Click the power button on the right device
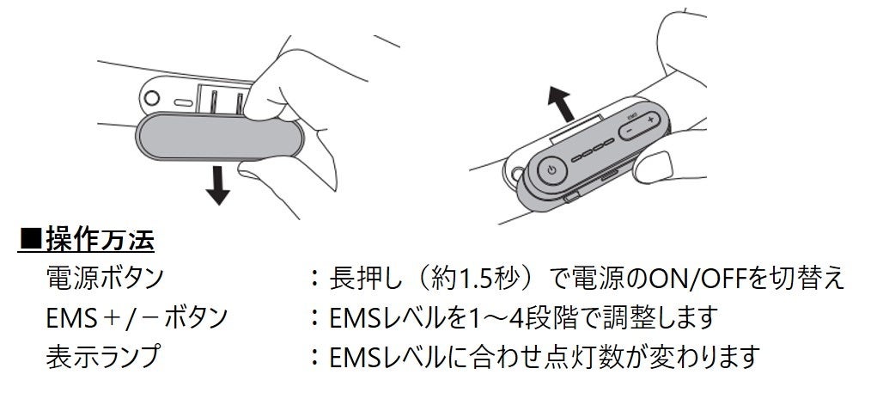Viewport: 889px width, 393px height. click(x=551, y=170)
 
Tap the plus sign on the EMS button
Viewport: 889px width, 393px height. click(x=652, y=119)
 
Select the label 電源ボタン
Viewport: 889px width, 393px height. click(x=106, y=278)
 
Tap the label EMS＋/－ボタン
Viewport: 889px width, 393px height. click(x=138, y=317)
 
